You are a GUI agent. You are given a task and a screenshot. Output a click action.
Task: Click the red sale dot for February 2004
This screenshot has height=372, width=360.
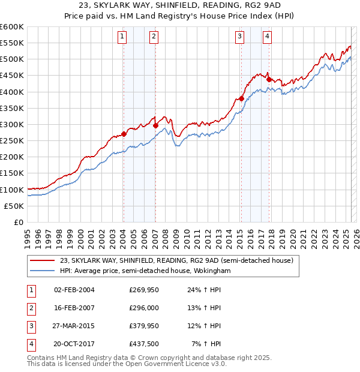pyautogui.click(x=124, y=134)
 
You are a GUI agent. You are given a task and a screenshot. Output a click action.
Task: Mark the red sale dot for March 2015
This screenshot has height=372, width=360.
pyautogui.click(x=241, y=99)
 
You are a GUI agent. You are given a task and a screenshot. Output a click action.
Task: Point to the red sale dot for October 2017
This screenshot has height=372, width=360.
pyautogui.click(x=269, y=80)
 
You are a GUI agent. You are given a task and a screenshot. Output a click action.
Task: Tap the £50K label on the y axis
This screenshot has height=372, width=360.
pyautogui.click(x=14, y=206)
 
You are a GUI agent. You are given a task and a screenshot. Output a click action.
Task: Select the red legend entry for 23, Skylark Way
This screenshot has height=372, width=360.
pyautogui.click(x=176, y=261)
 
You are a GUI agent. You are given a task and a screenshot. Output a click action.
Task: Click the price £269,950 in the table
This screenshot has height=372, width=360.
pyautogui.click(x=143, y=289)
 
